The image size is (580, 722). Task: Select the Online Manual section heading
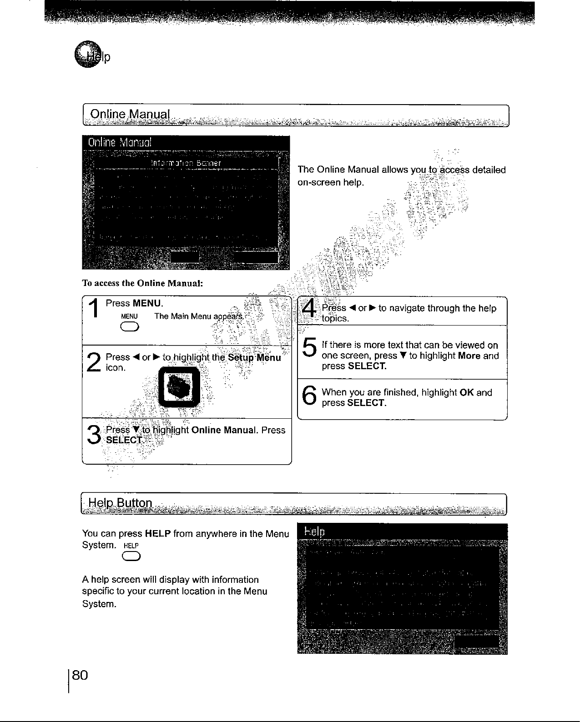point(130,114)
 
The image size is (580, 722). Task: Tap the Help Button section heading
point(121,503)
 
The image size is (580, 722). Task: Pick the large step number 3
point(94,435)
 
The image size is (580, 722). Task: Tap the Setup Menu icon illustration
point(178,387)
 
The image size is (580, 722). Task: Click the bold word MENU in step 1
point(147,303)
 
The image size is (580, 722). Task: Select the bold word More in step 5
point(469,356)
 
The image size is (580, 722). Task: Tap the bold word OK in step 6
point(467,392)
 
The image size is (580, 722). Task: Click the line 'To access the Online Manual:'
point(142,283)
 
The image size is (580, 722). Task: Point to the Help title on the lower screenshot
point(314,532)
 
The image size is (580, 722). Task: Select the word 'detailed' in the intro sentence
point(489,170)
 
